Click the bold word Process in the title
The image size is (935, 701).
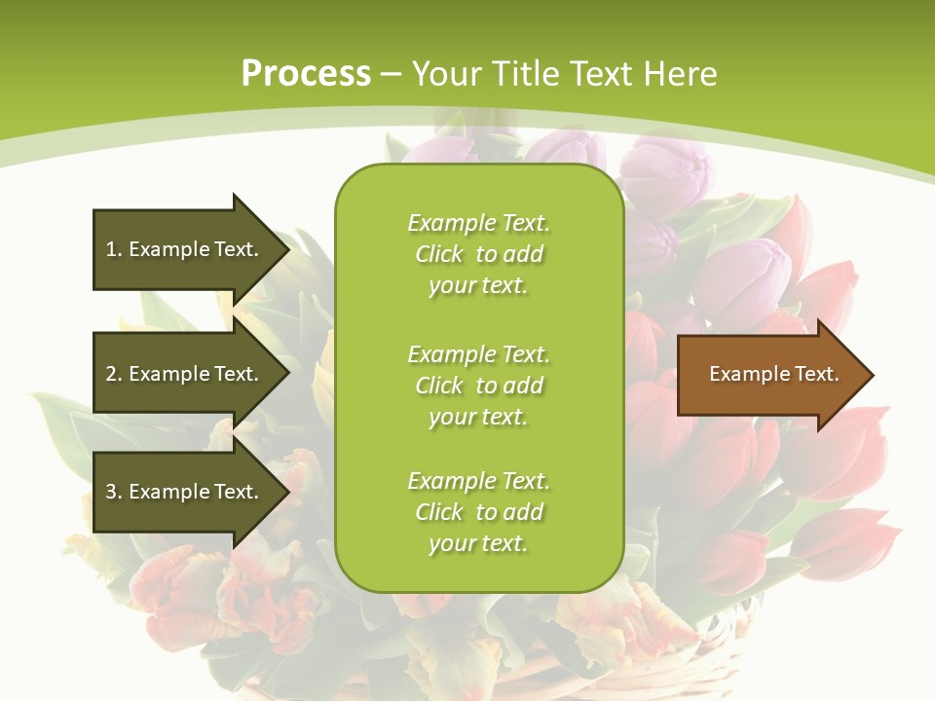pos(306,74)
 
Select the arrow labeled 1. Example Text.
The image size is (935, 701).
pos(185,249)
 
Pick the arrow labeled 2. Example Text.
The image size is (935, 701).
pos(185,374)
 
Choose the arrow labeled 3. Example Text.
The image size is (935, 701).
pos(185,492)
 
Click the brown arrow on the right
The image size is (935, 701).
pos(769,374)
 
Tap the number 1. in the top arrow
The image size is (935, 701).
pos(114,249)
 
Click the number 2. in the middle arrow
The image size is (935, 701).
pos(114,374)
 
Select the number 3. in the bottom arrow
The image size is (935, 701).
pos(114,492)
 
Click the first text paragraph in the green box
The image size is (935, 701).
pos(478,254)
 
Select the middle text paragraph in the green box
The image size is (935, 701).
pos(478,386)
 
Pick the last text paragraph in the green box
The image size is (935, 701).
pos(478,512)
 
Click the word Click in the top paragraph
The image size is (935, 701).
pos(439,254)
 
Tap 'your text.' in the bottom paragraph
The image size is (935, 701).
pos(478,543)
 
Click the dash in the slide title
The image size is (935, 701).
pos(392,74)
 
